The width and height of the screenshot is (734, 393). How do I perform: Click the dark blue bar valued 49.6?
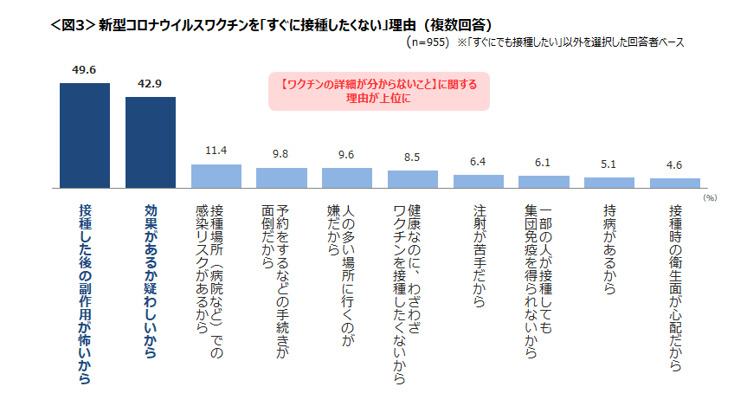click(85, 136)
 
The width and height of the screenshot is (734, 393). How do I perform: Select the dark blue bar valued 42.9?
click(151, 143)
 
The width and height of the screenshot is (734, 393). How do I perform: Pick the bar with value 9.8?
click(281, 178)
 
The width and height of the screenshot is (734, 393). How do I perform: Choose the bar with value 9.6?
click(346, 178)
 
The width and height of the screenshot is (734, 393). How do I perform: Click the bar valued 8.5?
click(412, 179)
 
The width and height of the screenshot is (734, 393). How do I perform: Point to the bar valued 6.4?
click(478, 182)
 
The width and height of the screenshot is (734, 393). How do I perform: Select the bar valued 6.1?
click(544, 182)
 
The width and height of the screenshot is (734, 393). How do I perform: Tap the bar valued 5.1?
click(609, 183)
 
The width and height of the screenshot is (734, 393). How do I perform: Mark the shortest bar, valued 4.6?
click(675, 184)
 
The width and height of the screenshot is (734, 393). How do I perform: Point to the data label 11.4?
click(216, 151)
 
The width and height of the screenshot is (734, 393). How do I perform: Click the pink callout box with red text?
click(379, 91)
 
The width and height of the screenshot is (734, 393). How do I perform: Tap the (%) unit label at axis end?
click(710, 198)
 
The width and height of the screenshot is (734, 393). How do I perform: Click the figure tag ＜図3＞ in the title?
click(72, 20)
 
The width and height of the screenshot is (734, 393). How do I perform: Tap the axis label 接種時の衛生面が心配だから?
click(675, 289)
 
